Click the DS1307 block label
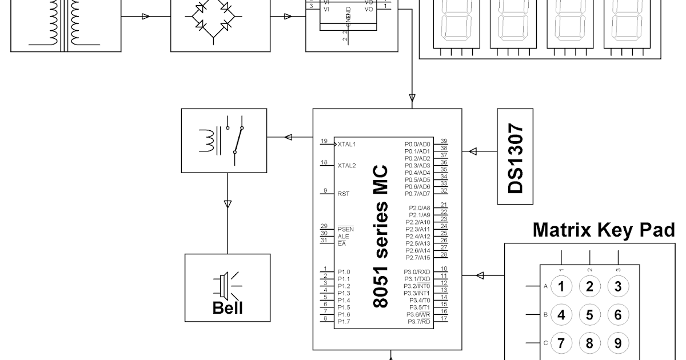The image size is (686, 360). pyautogui.click(x=516, y=156)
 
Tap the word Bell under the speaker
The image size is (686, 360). pyautogui.click(x=228, y=308)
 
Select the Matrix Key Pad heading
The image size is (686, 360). pyautogui.click(x=604, y=230)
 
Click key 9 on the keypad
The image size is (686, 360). pyautogui.click(x=617, y=343)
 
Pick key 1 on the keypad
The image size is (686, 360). pyautogui.click(x=561, y=286)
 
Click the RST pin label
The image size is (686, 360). pyautogui.click(x=344, y=194)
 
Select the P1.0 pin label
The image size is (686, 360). pyautogui.click(x=344, y=272)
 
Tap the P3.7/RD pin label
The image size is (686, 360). pyautogui.click(x=418, y=322)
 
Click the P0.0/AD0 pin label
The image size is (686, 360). pyautogui.click(x=417, y=144)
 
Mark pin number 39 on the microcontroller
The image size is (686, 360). pyautogui.click(x=444, y=141)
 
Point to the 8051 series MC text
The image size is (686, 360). pyautogui.click(x=381, y=237)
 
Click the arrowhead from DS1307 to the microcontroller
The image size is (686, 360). pyautogui.click(x=473, y=151)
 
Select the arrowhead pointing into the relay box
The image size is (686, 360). pyautogui.click(x=289, y=137)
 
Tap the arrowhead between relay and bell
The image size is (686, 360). pyautogui.click(x=228, y=203)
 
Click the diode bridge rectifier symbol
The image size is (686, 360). pyautogui.click(x=213, y=17)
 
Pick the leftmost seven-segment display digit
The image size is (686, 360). pyautogui.click(x=456, y=20)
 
